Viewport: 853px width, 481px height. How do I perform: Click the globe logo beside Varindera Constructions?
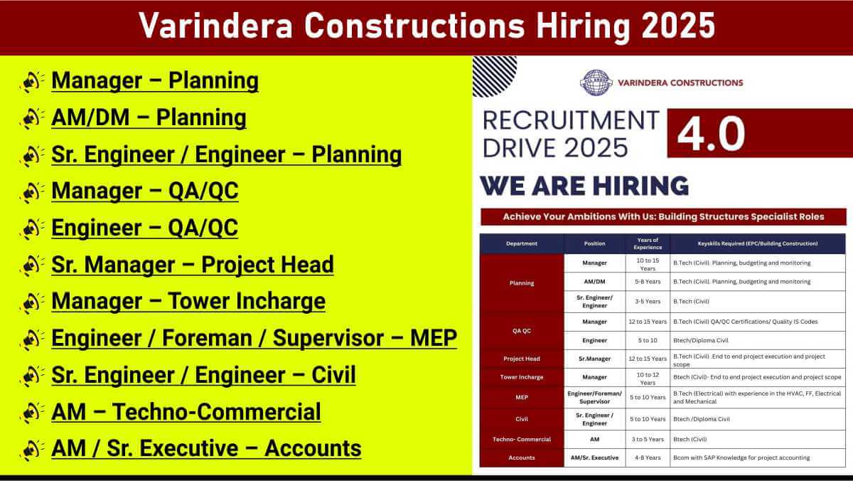coord(596,83)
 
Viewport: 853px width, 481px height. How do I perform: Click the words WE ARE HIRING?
coord(584,186)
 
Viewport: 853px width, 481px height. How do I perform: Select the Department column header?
coord(522,243)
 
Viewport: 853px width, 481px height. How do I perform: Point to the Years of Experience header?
coord(648,243)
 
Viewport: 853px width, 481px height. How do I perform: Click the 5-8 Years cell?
coord(648,282)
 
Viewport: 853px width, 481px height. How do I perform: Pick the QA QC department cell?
coord(522,331)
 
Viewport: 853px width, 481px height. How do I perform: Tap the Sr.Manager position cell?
coord(594,359)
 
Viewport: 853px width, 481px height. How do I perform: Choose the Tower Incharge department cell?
coord(522,377)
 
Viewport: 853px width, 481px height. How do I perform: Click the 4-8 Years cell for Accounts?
coord(648,458)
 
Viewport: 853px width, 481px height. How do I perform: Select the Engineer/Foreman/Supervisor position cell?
coord(594,397)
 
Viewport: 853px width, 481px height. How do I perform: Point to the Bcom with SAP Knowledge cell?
coord(741,458)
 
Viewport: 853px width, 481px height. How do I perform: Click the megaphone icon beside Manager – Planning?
coord(31,81)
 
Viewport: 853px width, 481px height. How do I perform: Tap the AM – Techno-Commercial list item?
coord(186,412)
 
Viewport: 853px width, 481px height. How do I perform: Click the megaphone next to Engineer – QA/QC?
coord(31,228)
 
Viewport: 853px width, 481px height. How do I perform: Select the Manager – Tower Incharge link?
coord(188,301)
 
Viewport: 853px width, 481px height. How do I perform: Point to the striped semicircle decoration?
coord(493,75)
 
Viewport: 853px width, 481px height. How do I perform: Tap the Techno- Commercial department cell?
coord(522,440)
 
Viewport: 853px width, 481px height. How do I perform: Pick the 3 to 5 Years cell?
coord(648,440)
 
